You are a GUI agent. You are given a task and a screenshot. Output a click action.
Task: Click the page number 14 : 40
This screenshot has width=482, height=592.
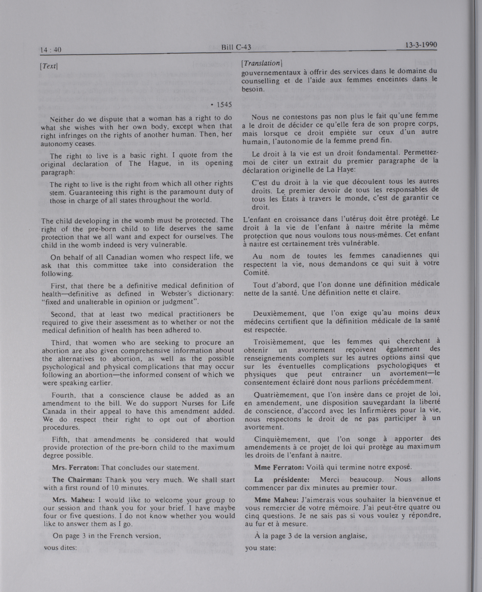pyautogui.click(x=51, y=50)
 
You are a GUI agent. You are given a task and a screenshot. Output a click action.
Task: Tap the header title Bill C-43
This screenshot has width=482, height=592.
pyautogui.click(x=236, y=47)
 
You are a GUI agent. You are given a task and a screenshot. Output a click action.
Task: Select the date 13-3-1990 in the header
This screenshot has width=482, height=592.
pyautogui.click(x=421, y=45)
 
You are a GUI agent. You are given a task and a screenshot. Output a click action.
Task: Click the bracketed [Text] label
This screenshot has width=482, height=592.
pyautogui.click(x=49, y=66)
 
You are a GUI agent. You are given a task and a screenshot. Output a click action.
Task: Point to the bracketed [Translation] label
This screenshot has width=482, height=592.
pyautogui.click(x=262, y=63)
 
